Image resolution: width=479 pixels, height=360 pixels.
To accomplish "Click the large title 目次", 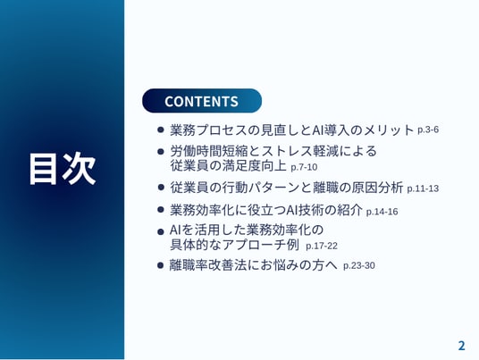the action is coord(63,169).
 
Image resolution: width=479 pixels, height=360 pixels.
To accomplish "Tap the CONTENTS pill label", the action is coord(202,101).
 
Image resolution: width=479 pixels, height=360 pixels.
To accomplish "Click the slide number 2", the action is coord(462,346).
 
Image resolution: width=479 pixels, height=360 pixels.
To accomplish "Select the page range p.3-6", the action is coord(428,130).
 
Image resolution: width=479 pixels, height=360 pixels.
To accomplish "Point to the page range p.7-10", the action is coord(304,167).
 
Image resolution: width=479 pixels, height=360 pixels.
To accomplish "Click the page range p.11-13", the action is coord(423,188).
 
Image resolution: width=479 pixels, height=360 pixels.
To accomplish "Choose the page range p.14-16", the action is coord(382,212).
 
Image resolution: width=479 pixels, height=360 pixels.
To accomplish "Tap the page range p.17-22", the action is coord(322,246).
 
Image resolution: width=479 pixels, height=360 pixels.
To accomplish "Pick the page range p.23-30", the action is coord(359,265).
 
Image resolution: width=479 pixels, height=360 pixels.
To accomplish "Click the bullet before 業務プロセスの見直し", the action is coord(161,130).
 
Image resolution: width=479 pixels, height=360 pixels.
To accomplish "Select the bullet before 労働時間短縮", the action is coord(161,152).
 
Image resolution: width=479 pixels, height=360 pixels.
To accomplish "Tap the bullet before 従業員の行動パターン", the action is coord(161,187).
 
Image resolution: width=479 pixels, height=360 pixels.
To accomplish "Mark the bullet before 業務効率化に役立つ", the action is coord(161,210).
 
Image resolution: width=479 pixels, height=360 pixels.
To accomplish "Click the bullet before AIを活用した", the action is coord(161,232).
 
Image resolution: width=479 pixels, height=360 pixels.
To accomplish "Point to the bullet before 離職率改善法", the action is coord(161,264).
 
